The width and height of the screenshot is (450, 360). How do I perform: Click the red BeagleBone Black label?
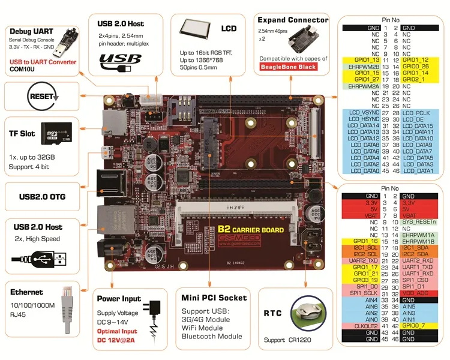click(x=292, y=67)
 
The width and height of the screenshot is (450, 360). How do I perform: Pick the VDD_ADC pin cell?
click(x=416, y=293)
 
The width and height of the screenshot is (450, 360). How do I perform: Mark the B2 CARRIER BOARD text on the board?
click(x=250, y=229)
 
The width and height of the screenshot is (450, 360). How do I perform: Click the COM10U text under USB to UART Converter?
click(x=23, y=70)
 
